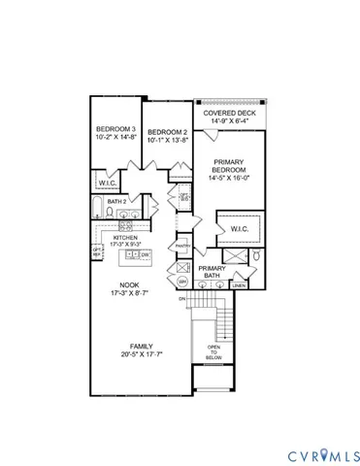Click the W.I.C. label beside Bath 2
click(x=108, y=181)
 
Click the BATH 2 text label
click(x=119, y=201)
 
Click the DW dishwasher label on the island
click(x=144, y=254)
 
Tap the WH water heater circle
click(x=181, y=282)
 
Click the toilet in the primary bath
click(x=258, y=256)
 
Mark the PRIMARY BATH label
click(x=213, y=273)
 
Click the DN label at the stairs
click(x=181, y=299)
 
